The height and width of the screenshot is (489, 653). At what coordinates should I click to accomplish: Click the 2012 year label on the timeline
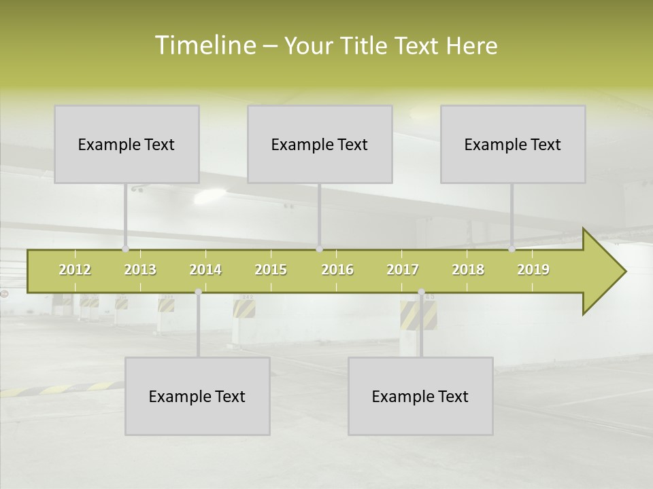(75, 270)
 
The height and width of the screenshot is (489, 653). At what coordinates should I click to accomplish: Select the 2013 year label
(140, 270)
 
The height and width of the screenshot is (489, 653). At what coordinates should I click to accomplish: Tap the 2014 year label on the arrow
(205, 270)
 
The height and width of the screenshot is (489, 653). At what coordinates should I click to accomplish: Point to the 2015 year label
(271, 270)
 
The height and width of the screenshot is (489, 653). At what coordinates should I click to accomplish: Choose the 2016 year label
(337, 270)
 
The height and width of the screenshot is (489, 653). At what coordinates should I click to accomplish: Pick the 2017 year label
(403, 270)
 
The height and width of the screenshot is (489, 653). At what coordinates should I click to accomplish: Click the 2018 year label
(468, 270)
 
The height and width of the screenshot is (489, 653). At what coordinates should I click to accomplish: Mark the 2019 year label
(533, 270)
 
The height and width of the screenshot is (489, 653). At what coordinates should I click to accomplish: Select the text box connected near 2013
(127, 144)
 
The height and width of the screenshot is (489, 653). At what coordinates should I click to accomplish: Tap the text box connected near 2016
(320, 144)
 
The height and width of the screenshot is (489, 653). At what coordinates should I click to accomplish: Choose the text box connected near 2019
(513, 144)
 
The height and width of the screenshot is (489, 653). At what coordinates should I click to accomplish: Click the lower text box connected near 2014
(197, 396)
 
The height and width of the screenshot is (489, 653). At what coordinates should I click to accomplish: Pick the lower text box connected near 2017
(420, 396)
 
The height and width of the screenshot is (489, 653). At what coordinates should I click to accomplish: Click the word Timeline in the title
(204, 46)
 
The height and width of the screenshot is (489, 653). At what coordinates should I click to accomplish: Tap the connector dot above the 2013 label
(125, 249)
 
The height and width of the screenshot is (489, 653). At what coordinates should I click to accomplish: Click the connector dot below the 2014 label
(198, 292)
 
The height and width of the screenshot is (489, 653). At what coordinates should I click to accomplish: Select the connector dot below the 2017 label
(421, 292)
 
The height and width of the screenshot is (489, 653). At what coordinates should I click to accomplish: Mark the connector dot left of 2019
(512, 249)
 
